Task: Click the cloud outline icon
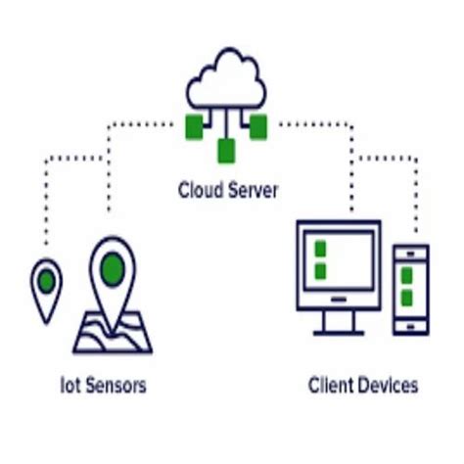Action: (226, 78)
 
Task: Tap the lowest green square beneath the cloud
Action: (226, 151)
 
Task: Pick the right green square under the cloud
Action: (258, 125)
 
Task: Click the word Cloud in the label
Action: (200, 189)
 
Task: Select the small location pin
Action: (46, 289)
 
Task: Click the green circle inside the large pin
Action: (114, 264)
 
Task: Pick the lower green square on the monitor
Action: (318, 269)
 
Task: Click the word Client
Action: (331, 385)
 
